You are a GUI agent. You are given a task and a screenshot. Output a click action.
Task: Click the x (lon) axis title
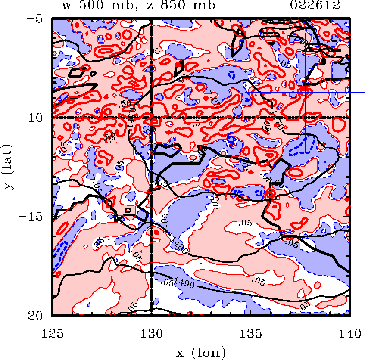point(201,353)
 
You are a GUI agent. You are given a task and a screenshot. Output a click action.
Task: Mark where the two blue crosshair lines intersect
point(305,92)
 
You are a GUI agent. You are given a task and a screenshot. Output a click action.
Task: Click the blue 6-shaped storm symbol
point(231,139)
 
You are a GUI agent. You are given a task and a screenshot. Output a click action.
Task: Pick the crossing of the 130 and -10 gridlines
point(151,118)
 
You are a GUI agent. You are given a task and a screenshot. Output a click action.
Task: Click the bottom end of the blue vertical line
point(305,152)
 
